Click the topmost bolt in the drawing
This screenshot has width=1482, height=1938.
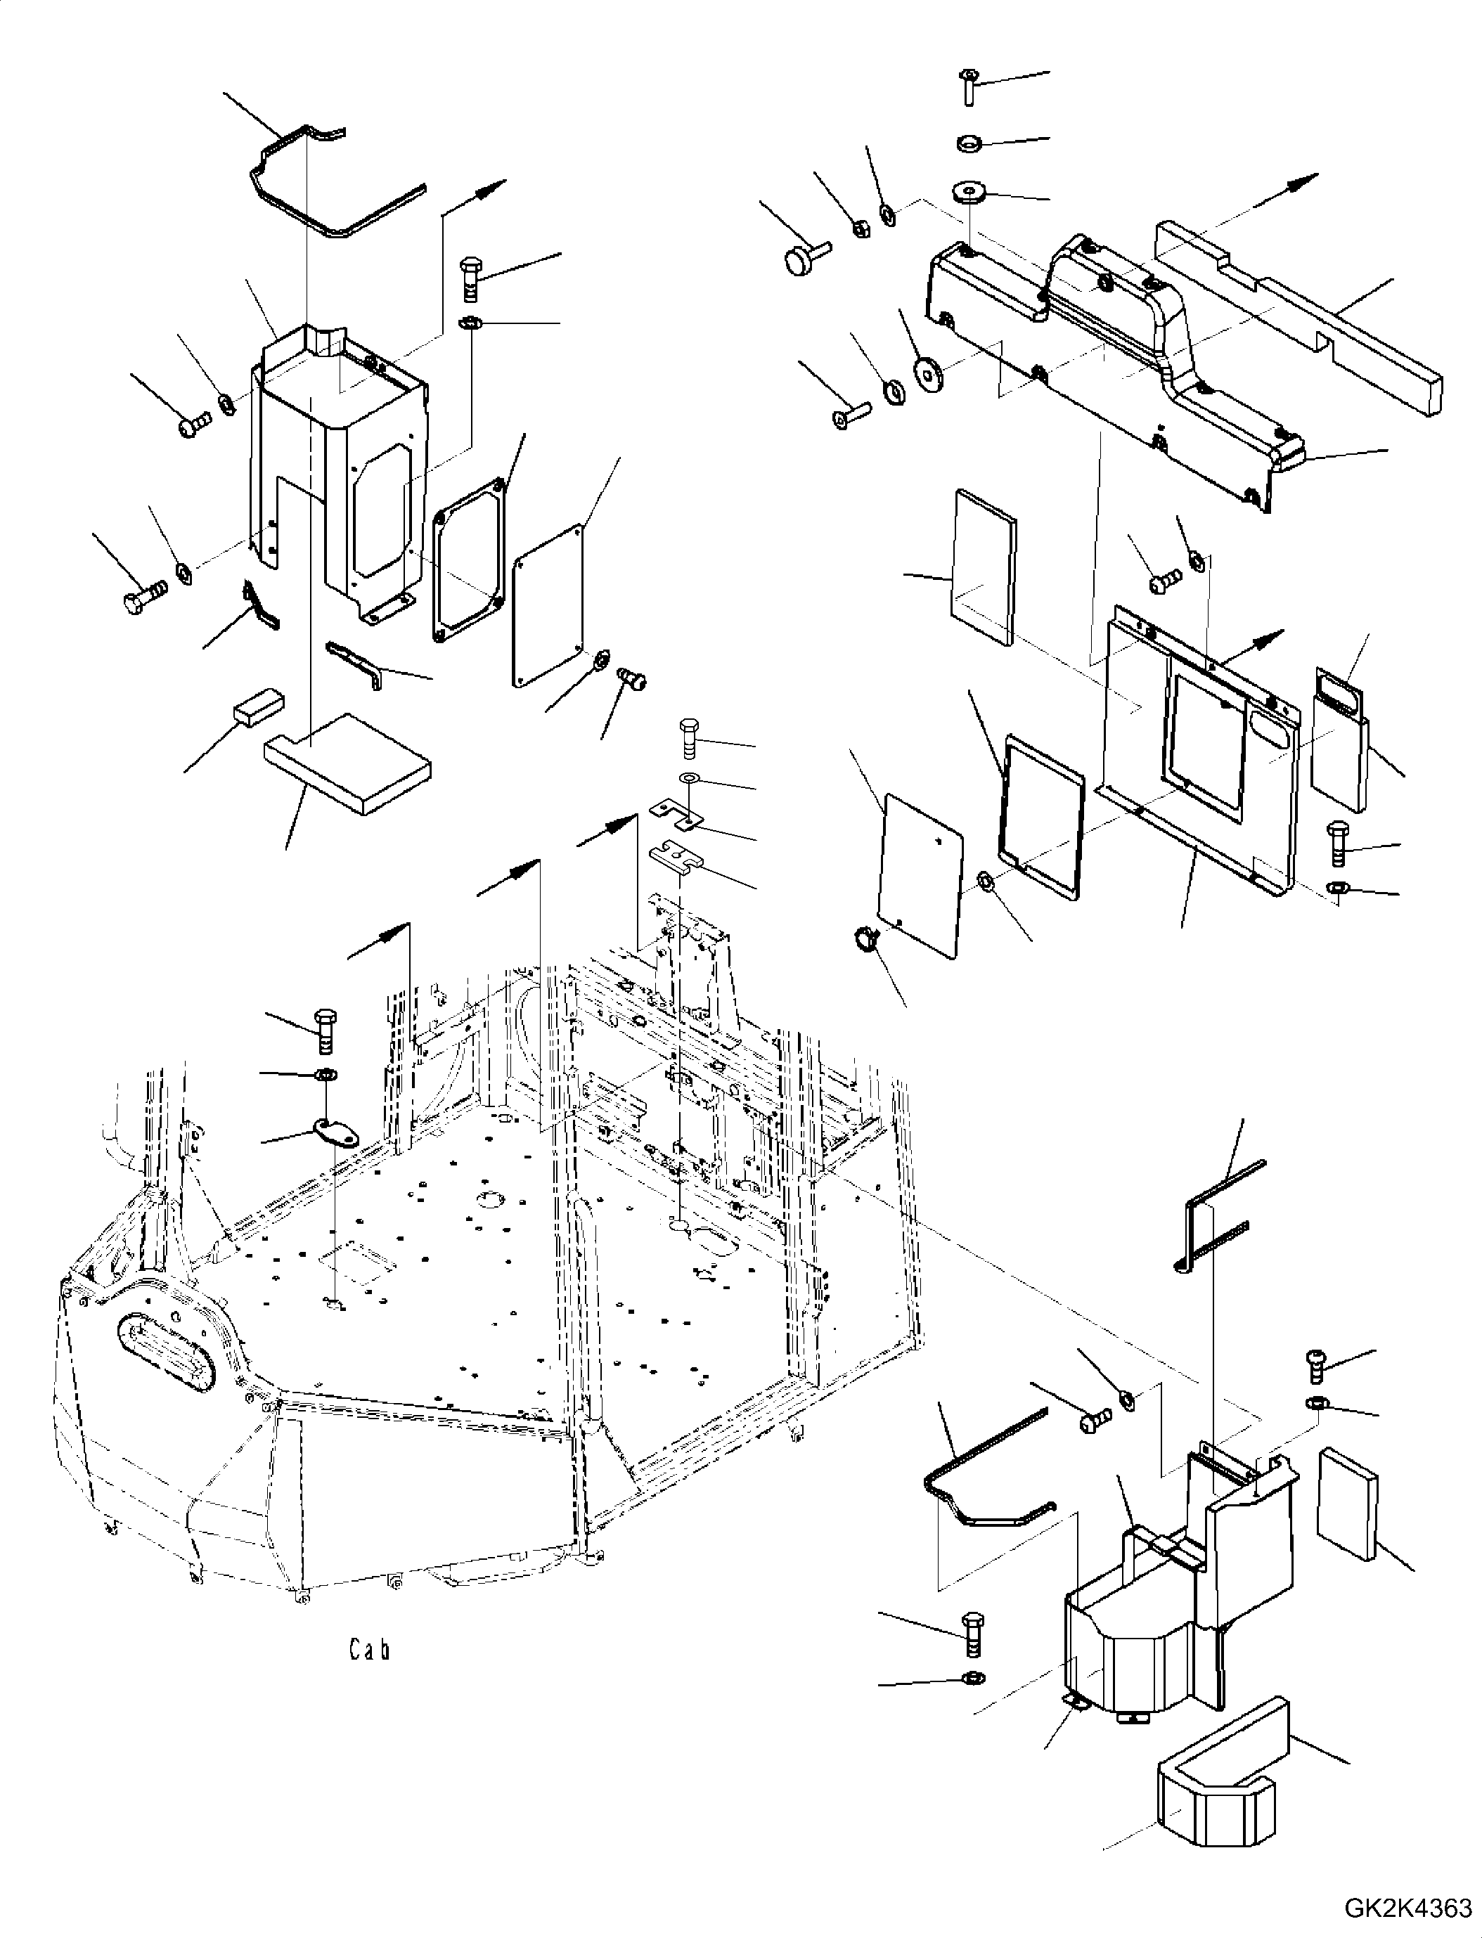(x=967, y=86)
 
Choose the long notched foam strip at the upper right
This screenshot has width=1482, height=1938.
(x=1298, y=321)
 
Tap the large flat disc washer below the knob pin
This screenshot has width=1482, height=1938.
(x=929, y=373)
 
